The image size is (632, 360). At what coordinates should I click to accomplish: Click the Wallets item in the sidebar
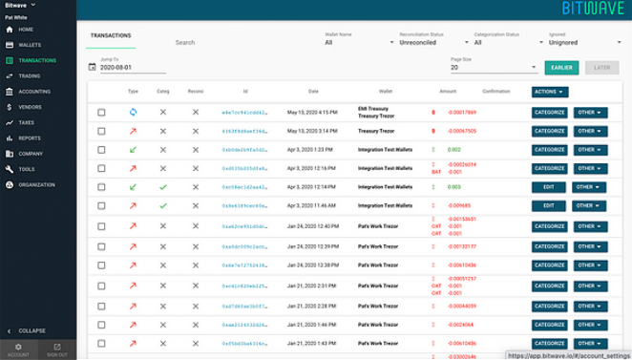(x=30, y=45)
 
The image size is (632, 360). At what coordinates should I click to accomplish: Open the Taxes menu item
(x=26, y=122)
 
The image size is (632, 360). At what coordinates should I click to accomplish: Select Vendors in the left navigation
(x=30, y=107)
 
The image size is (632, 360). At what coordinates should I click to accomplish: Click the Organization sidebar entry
(x=36, y=184)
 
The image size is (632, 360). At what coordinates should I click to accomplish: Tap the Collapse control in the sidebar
(x=32, y=330)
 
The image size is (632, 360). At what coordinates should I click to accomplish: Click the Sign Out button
(x=57, y=349)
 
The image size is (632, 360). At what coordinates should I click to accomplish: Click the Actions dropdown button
(x=549, y=92)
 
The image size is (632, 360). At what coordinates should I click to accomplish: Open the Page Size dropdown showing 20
(x=493, y=68)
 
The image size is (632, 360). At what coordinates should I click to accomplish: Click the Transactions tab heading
(x=111, y=35)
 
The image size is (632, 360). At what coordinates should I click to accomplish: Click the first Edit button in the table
(x=548, y=187)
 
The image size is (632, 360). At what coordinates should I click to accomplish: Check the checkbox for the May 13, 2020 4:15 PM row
(x=101, y=113)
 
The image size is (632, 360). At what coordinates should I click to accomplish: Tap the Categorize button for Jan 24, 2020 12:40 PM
(x=548, y=225)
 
